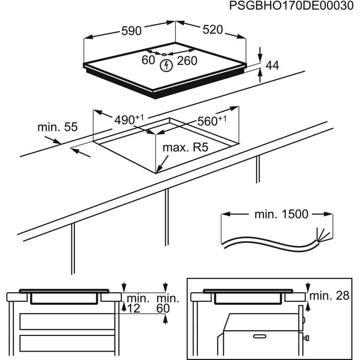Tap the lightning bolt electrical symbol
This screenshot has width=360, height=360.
tap(166, 65)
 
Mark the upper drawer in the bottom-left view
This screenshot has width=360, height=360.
tap(66, 321)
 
